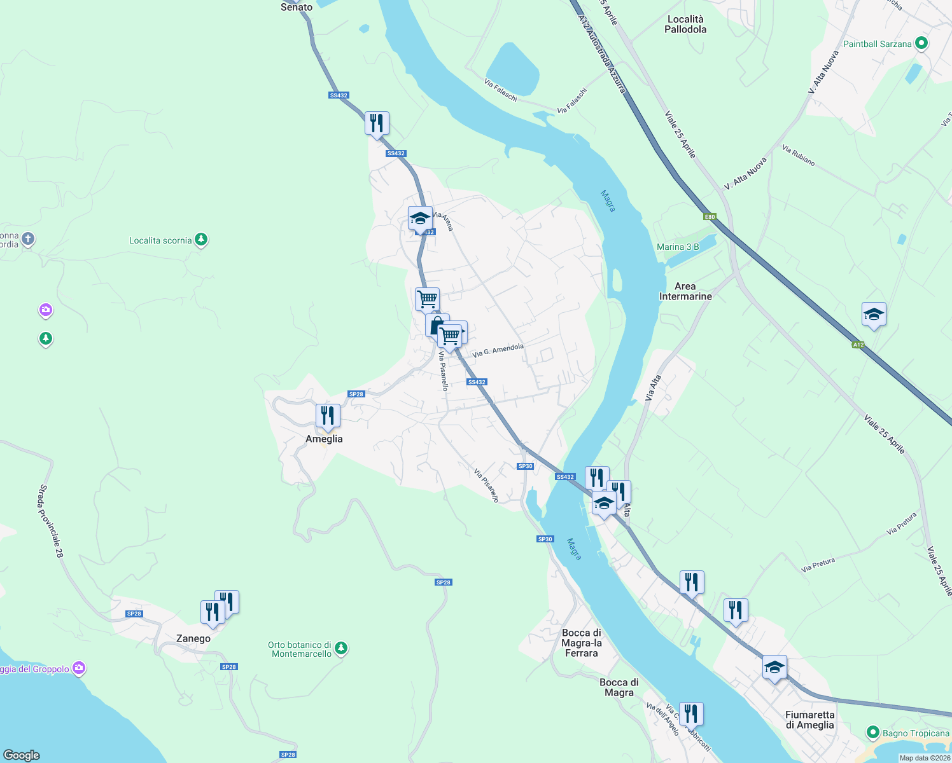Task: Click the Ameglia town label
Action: coord(324,439)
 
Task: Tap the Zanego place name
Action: coord(193,638)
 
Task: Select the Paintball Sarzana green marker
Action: coord(921,44)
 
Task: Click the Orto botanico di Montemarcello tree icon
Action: coord(342,649)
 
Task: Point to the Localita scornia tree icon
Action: coord(202,240)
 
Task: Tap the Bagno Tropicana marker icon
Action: coord(873,733)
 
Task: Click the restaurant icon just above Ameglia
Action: coord(328,416)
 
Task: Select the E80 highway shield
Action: coord(710,217)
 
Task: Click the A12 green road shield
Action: coord(858,345)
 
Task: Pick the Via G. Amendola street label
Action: coord(498,350)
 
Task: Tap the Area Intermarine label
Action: coord(685,291)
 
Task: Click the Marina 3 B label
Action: coord(678,247)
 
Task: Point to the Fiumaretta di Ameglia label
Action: coord(809,720)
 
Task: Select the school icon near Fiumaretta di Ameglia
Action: coord(774,667)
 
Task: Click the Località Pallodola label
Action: coord(685,24)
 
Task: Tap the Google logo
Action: coord(22,755)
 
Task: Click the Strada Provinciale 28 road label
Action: coord(52,521)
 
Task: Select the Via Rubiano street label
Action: coord(798,155)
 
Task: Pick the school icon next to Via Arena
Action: coord(420,218)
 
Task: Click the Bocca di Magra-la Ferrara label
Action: coord(582,643)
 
